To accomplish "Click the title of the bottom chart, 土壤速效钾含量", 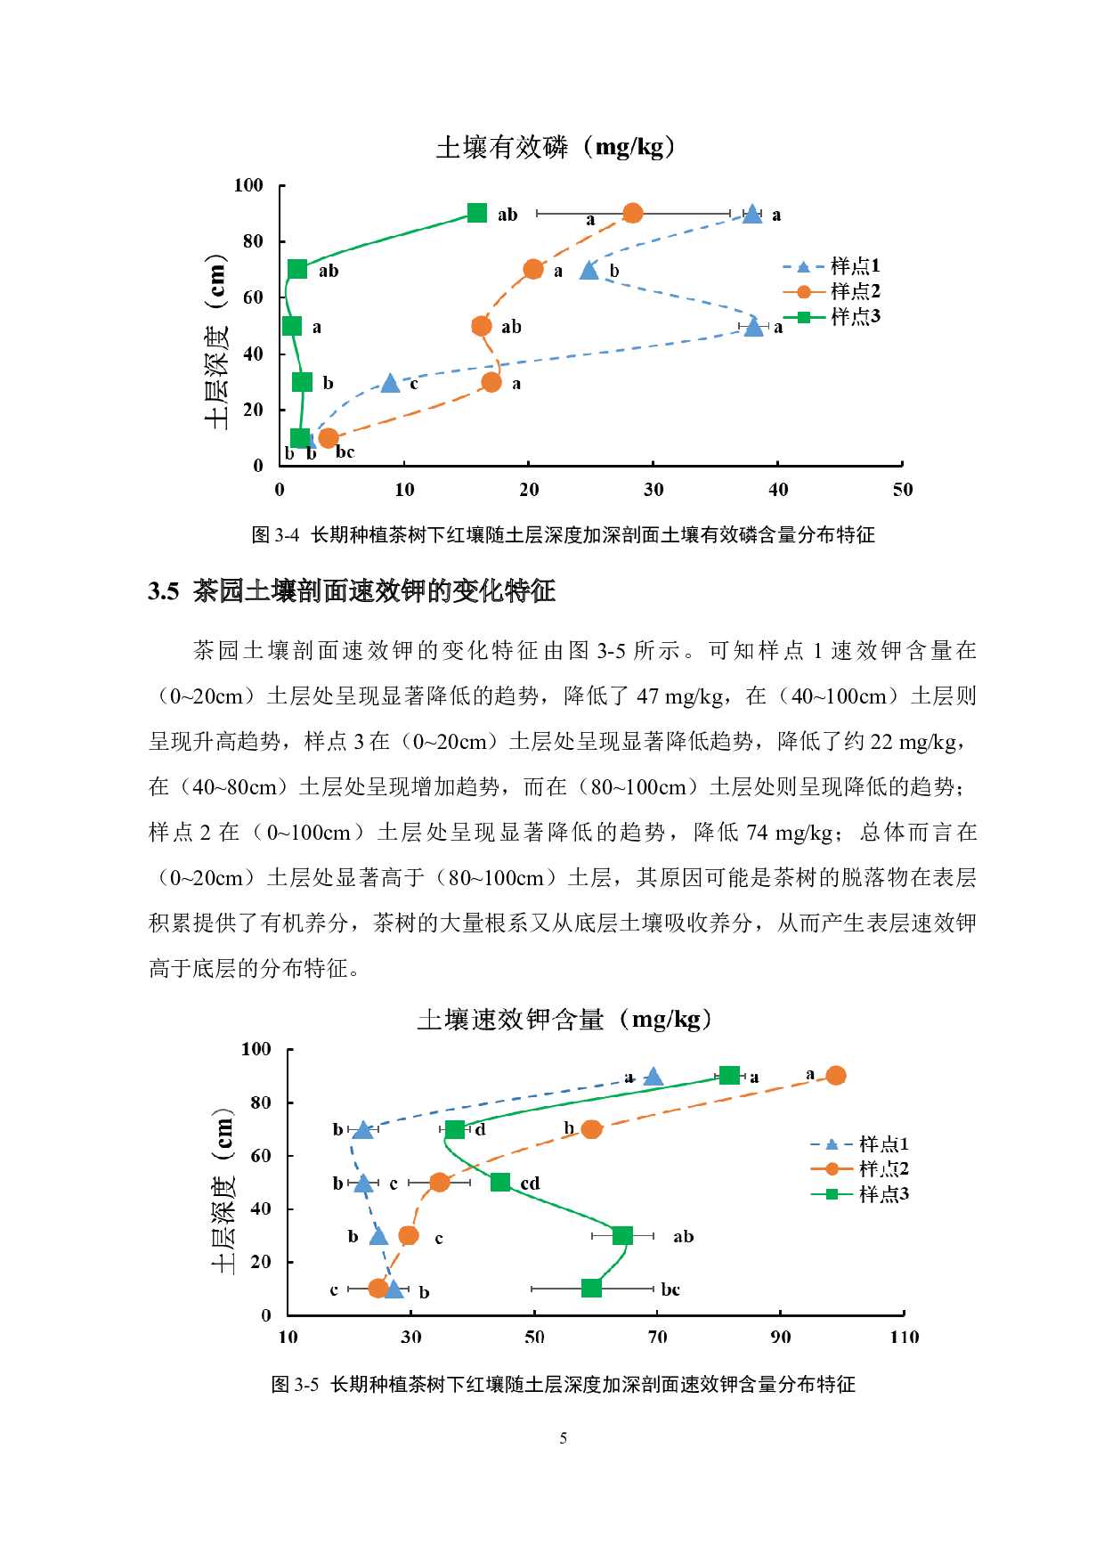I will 564,1019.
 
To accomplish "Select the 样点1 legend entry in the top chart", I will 832,265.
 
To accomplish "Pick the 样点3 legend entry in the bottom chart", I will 860,1194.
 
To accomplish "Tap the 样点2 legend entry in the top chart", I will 832,291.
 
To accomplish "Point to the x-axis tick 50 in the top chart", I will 902,490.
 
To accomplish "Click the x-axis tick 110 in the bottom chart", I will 904,1337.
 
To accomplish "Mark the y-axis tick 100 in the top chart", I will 249,185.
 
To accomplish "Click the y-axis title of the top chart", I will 217,342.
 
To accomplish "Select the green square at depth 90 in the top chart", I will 477,213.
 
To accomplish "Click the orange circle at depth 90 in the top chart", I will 632,213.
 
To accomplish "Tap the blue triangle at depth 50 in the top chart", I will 754,327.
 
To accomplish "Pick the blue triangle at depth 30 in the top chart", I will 390,383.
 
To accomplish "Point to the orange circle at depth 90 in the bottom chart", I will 835,1076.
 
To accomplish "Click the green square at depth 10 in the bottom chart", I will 591,1289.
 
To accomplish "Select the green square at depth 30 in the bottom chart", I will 622,1235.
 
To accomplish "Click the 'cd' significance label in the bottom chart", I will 530,1184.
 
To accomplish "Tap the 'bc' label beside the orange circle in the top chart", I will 345,452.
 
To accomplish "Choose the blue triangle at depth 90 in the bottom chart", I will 653,1077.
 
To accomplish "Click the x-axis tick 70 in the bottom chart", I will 657,1337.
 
